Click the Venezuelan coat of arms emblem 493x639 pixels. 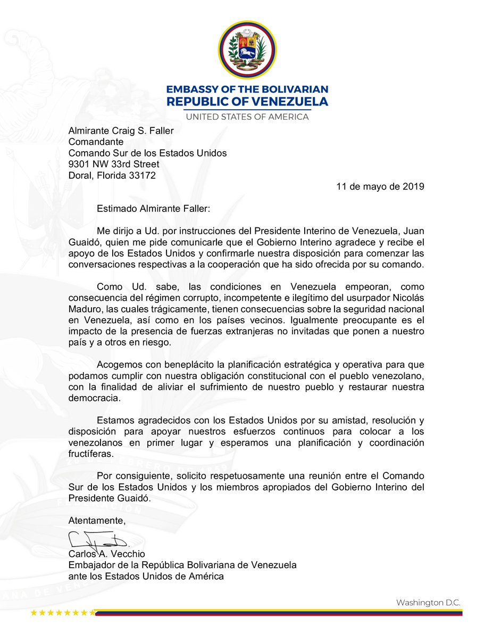tap(247, 48)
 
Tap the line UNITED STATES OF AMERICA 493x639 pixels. tap(247, 117)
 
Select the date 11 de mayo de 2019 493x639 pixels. tap(380, 187)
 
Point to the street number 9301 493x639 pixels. tap(80, 164)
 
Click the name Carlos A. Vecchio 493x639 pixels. tap(106, 554)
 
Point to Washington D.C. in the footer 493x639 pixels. tap(428, 602)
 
